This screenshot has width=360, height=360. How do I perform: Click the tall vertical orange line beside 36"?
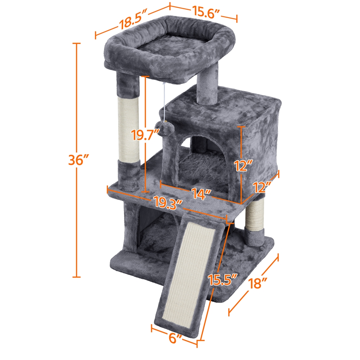click(x=76, y=216)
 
